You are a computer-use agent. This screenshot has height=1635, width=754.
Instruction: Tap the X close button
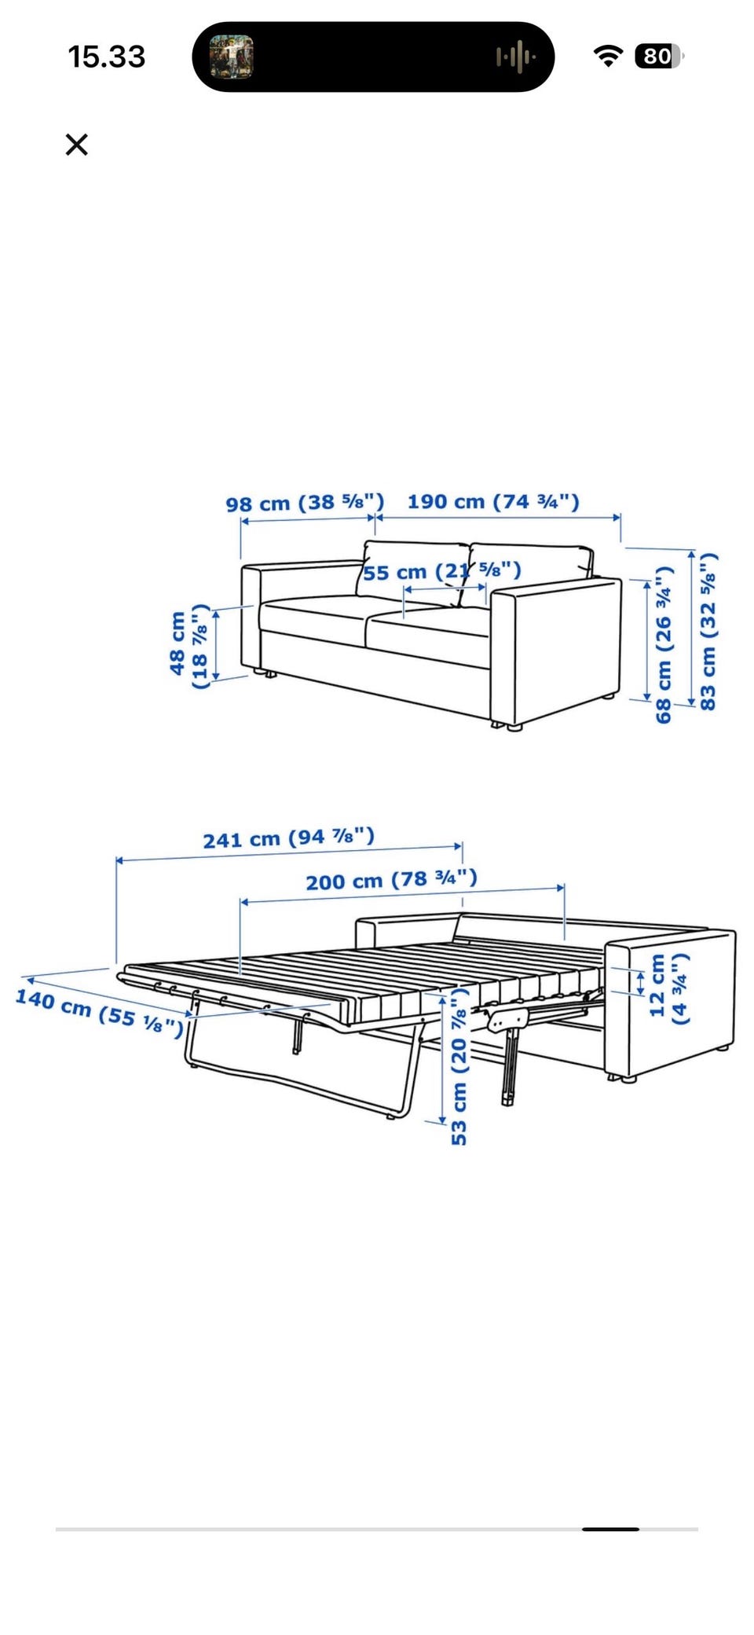pos(76,145)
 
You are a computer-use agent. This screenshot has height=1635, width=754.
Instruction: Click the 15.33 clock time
pos(107,57)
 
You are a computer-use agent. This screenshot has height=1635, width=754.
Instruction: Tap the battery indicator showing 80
pos(660,57)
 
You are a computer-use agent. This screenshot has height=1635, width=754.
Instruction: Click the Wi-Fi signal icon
pos(608,56)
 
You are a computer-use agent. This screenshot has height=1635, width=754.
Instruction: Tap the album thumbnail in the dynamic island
pos(231,57)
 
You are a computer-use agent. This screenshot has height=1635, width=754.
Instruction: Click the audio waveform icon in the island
pos(516,57)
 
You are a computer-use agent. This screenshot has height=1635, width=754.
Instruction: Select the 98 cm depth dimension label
pos(305,503)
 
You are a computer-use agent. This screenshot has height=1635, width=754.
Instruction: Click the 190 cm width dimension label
pos(493,501)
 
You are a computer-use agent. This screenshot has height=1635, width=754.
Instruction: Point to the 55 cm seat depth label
pos(441,571)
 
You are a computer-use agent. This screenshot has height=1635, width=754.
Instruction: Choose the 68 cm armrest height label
pos(664,644)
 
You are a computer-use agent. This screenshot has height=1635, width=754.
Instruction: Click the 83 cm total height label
pos(708,632)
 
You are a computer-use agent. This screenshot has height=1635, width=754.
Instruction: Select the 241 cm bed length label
pos(289,838)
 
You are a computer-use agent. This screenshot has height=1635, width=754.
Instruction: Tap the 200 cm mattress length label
pos(391,880)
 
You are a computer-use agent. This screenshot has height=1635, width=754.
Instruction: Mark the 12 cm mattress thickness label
pos(669,988)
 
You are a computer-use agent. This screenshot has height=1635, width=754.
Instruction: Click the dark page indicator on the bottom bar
pos(610,1529)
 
